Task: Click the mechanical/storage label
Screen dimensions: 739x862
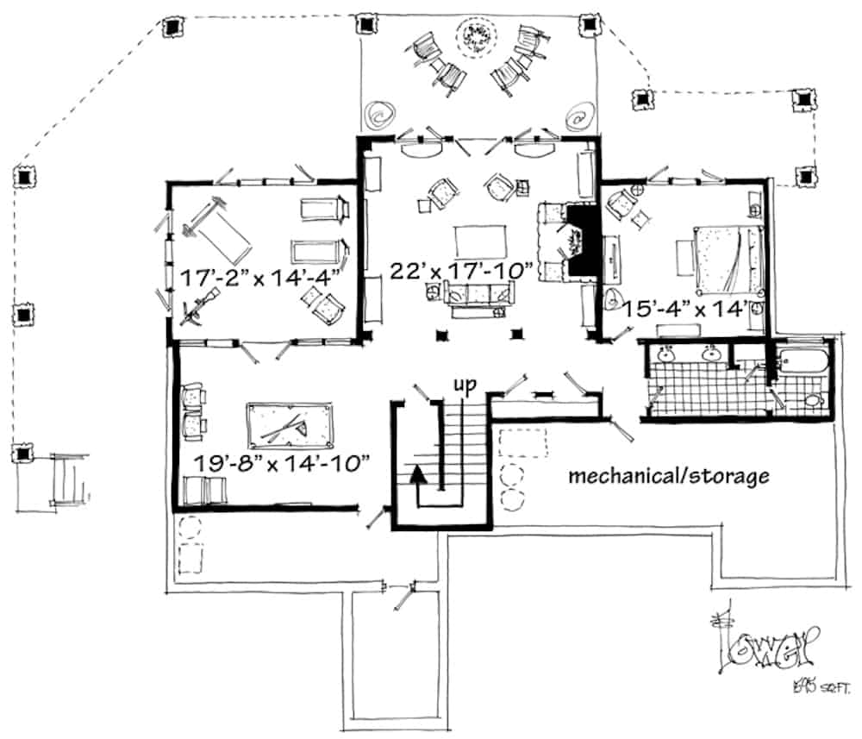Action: click(668, 475)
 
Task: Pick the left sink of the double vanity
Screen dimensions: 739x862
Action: click(666, 354)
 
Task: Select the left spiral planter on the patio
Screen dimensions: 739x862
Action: click(379, 113)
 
